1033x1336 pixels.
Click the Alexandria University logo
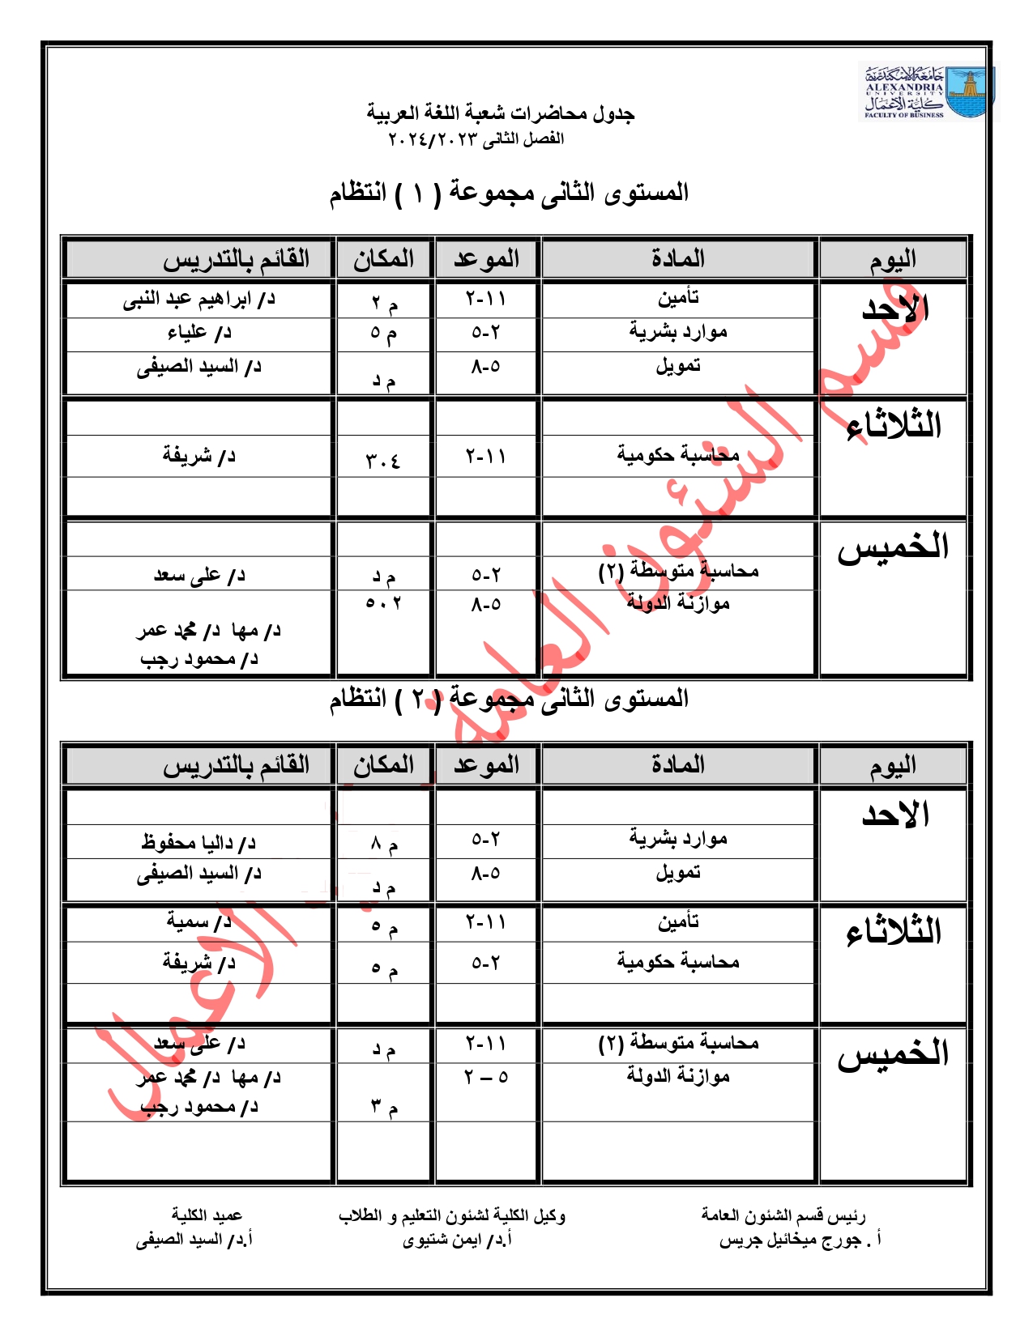pyautogui.click(x=927, y=93)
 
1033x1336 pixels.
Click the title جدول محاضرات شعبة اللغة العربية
pyautogui.click(x=500, y=113)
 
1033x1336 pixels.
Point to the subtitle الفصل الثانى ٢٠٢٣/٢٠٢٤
pyautogui.click(x=476, y=139)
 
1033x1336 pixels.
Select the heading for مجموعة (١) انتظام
pyautogui.click(x=509, y=194)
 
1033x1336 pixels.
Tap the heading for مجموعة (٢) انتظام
pyautogui.click(x=509, y=699)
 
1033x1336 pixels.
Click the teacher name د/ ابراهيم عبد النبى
pyautogui.click(x=199, y=300)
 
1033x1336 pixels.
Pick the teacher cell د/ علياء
pyautogui.click(x=199, y=333)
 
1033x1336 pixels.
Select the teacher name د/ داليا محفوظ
pyautogui.click(x=198, y=843)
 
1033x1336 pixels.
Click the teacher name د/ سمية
pyautogui.click(x=199, y=921)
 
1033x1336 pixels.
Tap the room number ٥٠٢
pyautogui.click(x=383, y=603)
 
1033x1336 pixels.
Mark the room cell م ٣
pyautogui.click(x=384, y=1106)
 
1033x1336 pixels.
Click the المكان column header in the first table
pyautogui.click(x=384, y=259)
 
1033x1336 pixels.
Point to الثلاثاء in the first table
pyautogui.click(x=894, y=426)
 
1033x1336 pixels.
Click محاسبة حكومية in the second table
pyautogui.click(x=678, y=962)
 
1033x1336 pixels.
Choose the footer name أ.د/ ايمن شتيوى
pyautogui.click(x=458, y=1240)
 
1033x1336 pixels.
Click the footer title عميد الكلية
pyautogui.click(x=207, y=1215)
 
